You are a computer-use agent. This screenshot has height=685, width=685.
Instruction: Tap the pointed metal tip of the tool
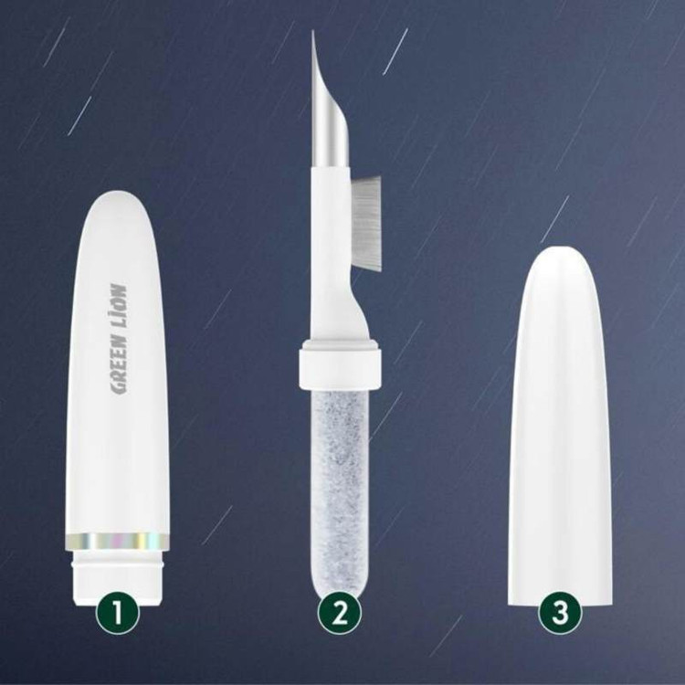(313, 31)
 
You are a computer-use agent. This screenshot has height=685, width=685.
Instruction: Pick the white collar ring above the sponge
(338, 364)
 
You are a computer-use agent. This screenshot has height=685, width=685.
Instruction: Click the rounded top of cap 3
(561, 253)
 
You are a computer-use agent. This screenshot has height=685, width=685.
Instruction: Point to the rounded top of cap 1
(118, 199)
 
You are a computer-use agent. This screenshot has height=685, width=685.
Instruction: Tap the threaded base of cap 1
(118, 584)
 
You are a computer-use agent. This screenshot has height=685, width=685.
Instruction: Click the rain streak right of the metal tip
(395, 51)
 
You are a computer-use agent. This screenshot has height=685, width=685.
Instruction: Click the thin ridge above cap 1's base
(118, 565)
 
